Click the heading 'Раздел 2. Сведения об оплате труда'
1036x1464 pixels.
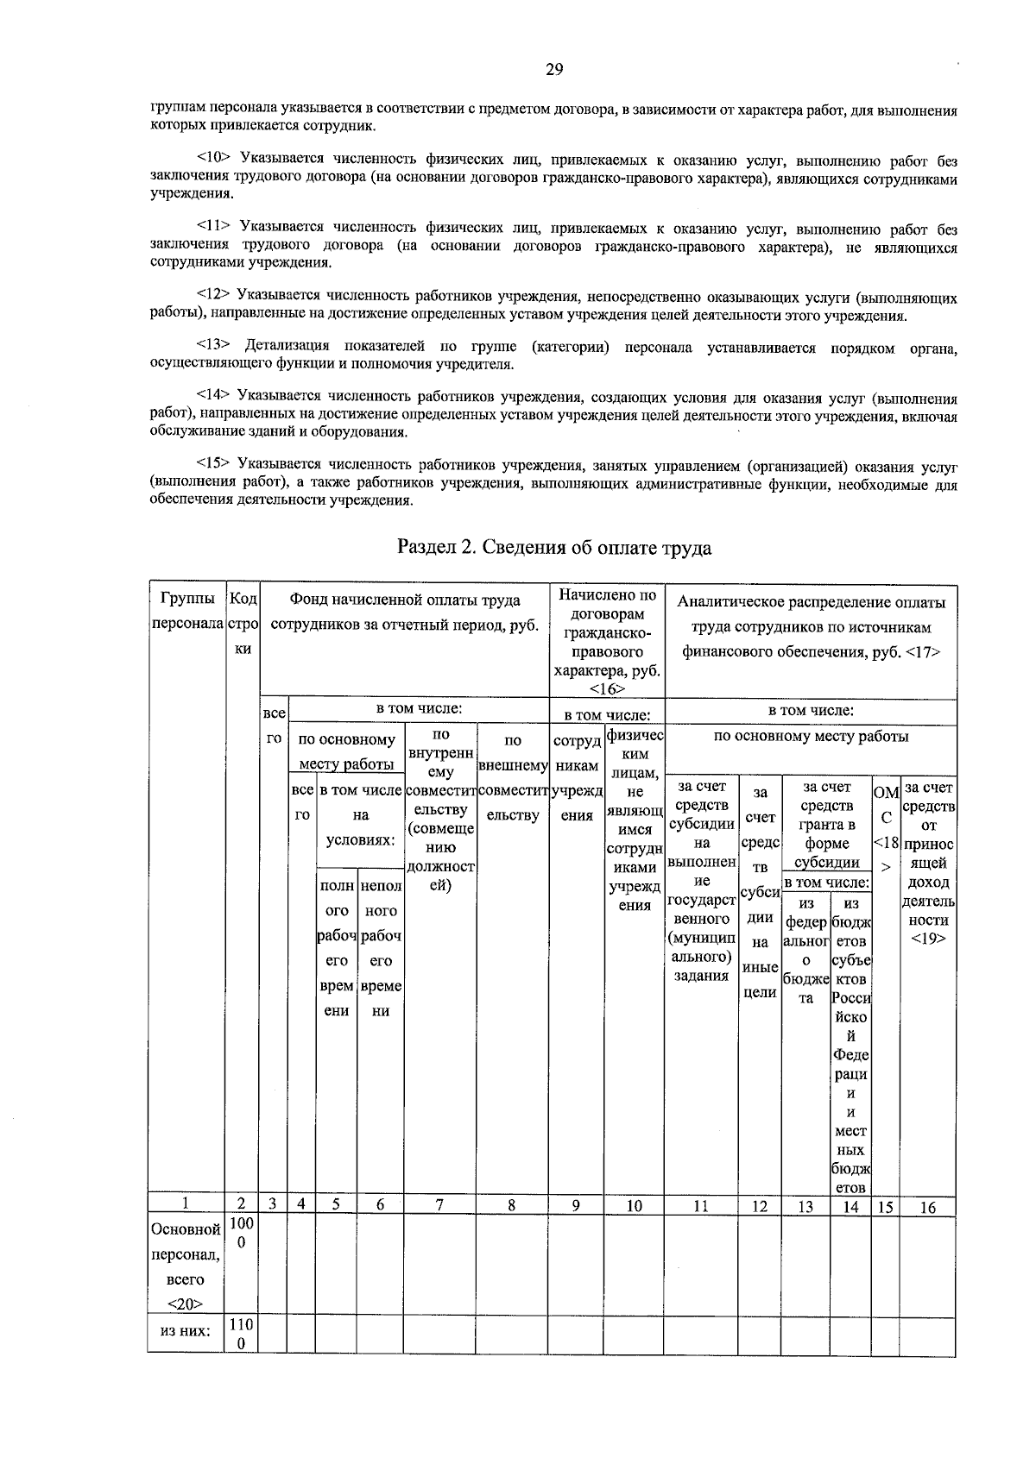554,548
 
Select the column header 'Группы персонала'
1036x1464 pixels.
186,611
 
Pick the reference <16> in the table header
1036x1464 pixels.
607,688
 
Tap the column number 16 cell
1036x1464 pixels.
927,1207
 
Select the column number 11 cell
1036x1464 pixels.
700,1206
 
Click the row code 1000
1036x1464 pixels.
242,1233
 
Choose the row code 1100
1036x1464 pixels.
242,1334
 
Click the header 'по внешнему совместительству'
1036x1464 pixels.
513,777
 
